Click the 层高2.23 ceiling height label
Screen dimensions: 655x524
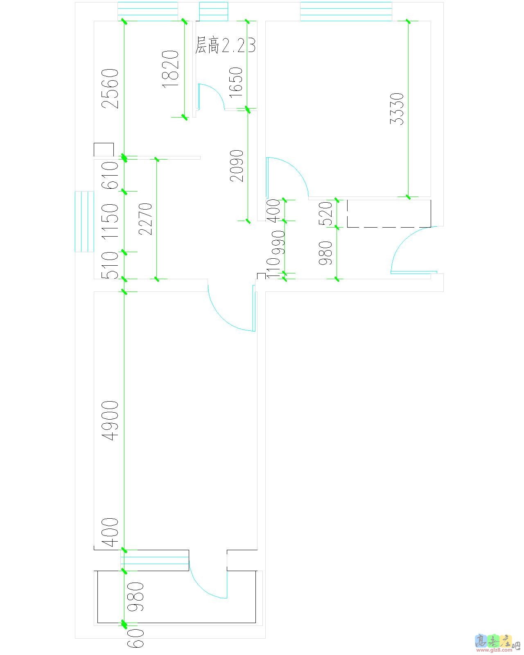click(x=225, y=45)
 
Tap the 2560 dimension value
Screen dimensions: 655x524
click(x=111, y=88)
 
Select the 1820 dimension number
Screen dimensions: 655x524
click(x=171, y=68)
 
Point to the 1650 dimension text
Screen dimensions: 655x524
click(x=236, y=82)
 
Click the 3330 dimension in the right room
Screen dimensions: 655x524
click(x=397, y=109)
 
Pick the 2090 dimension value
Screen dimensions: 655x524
click(x=237, y=166)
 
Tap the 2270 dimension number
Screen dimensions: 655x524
click(x=146, y=219)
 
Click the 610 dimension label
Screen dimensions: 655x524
click(x=111, y=175)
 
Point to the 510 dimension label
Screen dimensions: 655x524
click(x=111, y=265)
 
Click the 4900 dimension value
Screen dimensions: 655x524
click(x=111, y=420)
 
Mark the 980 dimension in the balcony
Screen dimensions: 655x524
click(x=136, y=596)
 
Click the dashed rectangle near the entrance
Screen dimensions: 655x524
click(x=389, y=213)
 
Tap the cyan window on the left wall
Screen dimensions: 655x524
click(x=84, y=221)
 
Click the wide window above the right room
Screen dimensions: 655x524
click(x=346, y=11)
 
